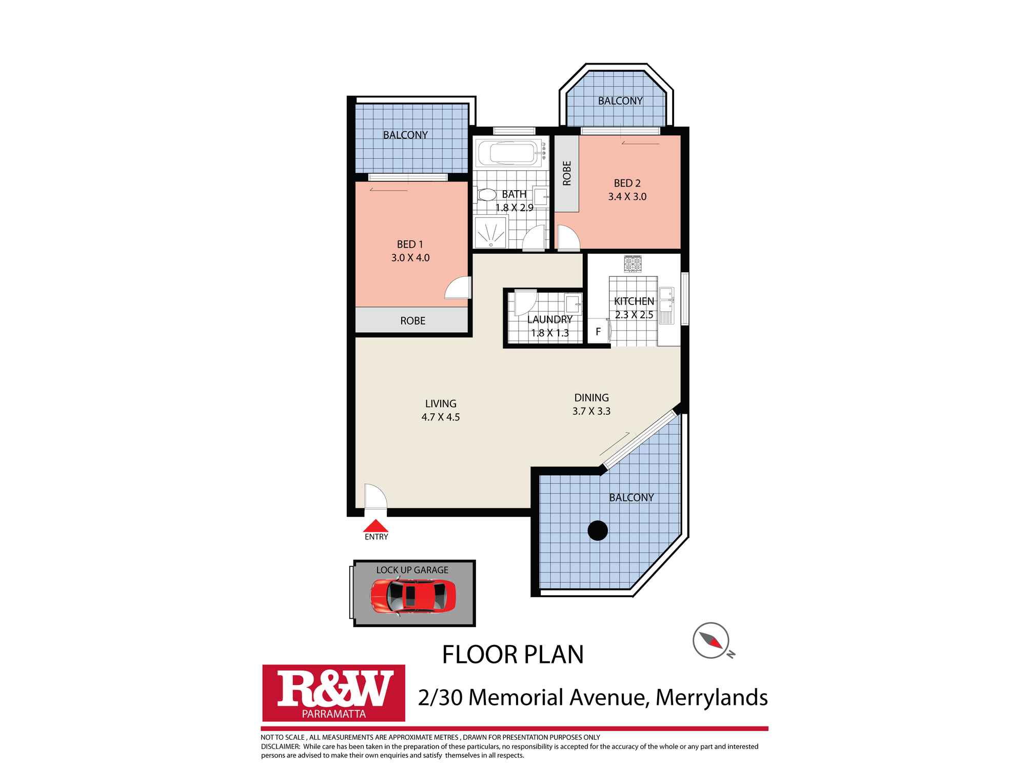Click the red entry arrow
[x=376, y=526]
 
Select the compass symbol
[x=711, y=640]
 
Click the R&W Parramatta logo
[x=333, y=693]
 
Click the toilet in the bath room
[x=485, y=195]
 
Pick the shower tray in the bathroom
[x=491, y=232]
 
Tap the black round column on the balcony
[x=598, y=531]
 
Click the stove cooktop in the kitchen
[x=633, y=264]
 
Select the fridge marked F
[x=598, y=332]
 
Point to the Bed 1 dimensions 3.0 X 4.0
[x=410, y=258]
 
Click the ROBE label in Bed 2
[x=567, y=173]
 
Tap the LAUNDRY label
[x=549, y=319]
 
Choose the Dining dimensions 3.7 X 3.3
[x=591, y=411]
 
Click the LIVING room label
[x=441, y=403]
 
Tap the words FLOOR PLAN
[x=513, y=655]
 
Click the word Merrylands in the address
[x=712, y=697]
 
